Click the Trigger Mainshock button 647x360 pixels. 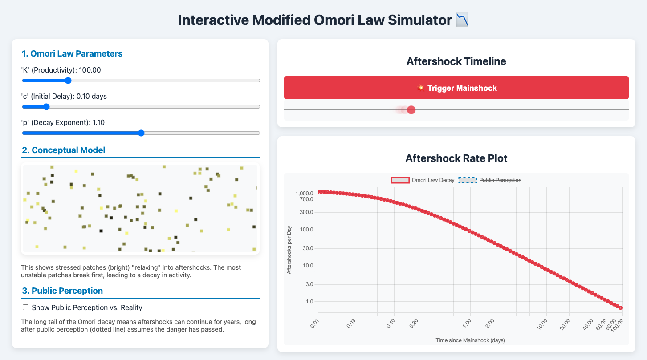(456, 88)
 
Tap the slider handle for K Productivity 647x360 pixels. (68, 81)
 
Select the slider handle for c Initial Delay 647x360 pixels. (46, 107)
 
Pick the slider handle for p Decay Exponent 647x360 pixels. (141, 133)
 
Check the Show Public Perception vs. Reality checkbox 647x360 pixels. (26, 307)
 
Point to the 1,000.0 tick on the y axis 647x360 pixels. (304, 194)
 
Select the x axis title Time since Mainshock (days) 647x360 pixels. (470, 340)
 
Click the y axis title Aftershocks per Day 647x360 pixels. (289, 250)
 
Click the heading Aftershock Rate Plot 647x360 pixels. (456, 158)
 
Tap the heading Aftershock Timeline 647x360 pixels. (456, 61)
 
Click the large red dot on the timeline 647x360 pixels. (411, 110)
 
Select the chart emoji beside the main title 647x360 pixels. (462, 20)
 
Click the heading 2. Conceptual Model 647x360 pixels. (64, 150)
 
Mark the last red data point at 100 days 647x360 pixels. (621, 308)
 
